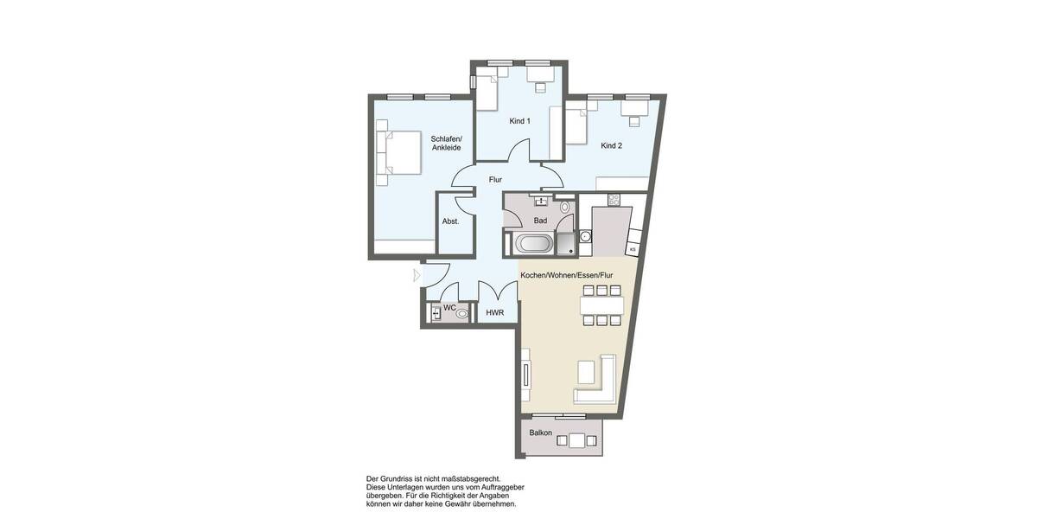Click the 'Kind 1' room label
[519, 121]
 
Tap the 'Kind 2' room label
[611, 145]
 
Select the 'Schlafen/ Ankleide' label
[446, 144]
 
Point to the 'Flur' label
[495, 180]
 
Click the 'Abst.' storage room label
[450, 221]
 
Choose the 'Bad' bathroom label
[540, 221]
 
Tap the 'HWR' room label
[495, 313]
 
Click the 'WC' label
[449, 308]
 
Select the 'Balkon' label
[541, 432]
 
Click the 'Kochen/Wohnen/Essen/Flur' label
[566, 274]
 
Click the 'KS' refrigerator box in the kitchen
[633, 249]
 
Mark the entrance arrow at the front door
[416, 276]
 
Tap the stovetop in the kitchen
[614, 200]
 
